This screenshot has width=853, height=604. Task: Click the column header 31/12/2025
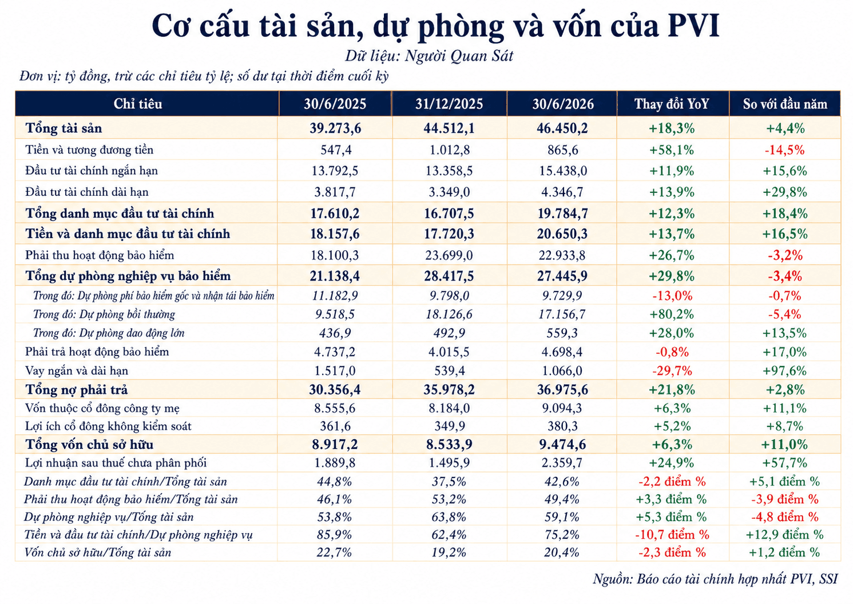tap(449, 104)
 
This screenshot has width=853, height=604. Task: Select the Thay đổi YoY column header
tap(672, 104)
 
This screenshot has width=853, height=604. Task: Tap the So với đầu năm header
tap(785, 104)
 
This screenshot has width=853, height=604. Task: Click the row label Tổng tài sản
tap(64, 128)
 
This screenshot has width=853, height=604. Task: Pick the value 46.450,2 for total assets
tap(562, 128)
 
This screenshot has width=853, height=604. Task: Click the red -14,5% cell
tap(784, 150)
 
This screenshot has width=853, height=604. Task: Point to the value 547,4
tap(335, 150)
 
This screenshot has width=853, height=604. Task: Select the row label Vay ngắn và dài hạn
tap(77, 371)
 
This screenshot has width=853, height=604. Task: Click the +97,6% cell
tap(784, 371)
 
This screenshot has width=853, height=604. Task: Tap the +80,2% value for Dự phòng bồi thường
tap(672, 314)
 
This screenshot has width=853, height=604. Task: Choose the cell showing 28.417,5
tap(449, 276)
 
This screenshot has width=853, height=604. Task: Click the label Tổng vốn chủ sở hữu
tap(89, 444)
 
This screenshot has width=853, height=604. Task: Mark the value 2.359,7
tap(562, 463)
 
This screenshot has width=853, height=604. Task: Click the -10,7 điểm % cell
tap(672, 535)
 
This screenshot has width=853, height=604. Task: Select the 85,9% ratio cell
tap(334, 535)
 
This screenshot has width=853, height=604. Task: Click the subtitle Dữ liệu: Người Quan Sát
tap(429, 56)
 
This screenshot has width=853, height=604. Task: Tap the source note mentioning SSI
tap(715, 579)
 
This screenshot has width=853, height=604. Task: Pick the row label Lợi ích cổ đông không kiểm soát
tap(108, 426)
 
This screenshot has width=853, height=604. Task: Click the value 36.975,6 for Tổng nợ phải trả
tap(562, 390)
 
